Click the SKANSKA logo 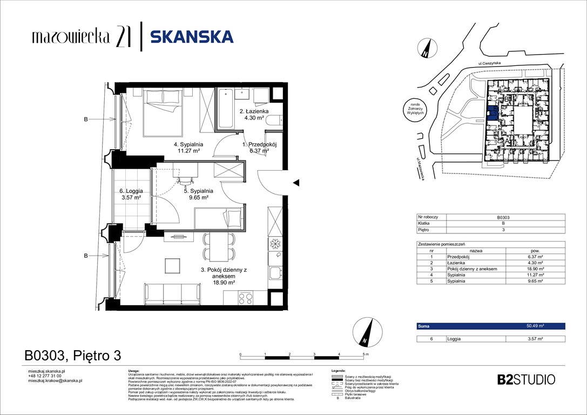pos(192,37)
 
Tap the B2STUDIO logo pos(525,379)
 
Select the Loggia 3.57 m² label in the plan pos(130,194)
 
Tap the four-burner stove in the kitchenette pos(246,298)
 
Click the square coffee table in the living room pos(173,266)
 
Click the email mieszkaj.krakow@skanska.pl pos(55,380)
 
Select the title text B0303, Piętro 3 pos(72,356)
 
